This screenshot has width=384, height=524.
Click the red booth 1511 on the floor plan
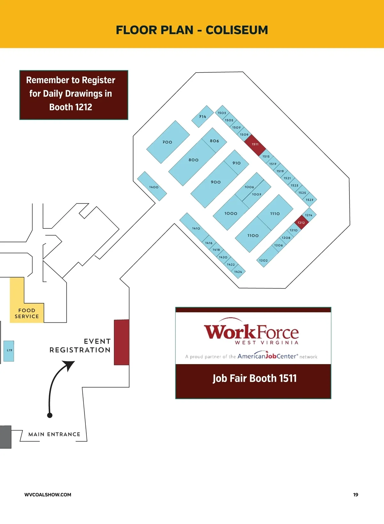pos(255,145)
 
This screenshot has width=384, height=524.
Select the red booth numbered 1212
pos(301,222)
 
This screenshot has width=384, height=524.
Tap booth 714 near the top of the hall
pos(203,116)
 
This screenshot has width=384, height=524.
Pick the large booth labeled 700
pos(168,142)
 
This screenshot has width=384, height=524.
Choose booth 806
pos(214,140)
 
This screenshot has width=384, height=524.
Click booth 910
pos(236,163)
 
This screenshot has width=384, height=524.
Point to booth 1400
pos(152,186)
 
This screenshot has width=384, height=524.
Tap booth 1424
pos(238,272)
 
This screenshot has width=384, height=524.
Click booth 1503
pos(222,113)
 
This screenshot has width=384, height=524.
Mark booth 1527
pos(309,200)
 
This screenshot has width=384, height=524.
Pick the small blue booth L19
pos(9,351)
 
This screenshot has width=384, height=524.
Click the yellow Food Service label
pos(27,313)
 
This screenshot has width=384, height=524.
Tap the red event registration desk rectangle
pos(122,342)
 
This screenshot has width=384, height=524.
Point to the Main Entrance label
pos(54,434)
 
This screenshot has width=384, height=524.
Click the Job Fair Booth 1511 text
pos(255,378)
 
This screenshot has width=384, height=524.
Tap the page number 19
pos(356,495)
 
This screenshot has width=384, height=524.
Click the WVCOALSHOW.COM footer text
pos(48,495)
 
